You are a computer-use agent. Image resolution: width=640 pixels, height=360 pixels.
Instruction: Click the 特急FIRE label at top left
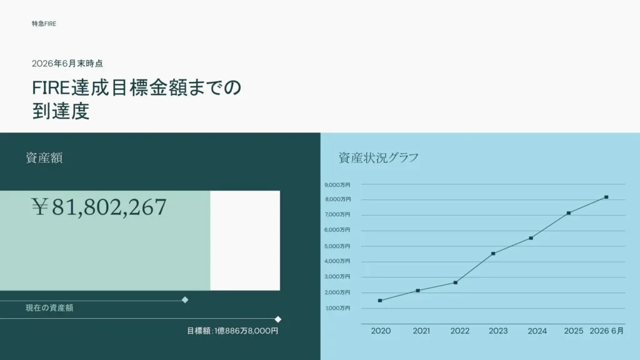[44, 24]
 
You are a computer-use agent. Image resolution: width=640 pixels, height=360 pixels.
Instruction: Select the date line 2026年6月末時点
[67, 64]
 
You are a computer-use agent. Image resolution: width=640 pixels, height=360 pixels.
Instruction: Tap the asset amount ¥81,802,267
[99, 207]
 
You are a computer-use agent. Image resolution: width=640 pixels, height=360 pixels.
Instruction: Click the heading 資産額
[44, 157]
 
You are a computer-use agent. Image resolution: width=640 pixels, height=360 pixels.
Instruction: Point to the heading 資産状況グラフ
[378, 157]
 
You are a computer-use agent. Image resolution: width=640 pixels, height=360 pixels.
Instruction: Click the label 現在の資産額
[49, 307]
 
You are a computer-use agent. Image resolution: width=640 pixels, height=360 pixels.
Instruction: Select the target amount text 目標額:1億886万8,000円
[232, 331]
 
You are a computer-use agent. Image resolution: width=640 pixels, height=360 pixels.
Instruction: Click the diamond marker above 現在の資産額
[185, 300]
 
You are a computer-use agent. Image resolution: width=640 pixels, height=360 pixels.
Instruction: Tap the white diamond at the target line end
[278, 319]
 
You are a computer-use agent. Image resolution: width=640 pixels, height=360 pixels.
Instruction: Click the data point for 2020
[380, 301]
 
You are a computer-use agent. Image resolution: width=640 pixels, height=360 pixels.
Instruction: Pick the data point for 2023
[493, 254]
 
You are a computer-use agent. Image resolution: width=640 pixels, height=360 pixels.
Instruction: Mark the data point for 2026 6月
[606, 197]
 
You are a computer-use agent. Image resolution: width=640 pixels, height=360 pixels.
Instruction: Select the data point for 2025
[569, 213]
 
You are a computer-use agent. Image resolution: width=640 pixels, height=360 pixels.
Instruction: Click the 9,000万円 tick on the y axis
[337, 185]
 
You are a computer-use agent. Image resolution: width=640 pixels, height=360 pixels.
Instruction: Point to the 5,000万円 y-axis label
[337, 246]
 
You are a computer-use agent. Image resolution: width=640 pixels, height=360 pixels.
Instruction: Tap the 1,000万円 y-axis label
[338, 308]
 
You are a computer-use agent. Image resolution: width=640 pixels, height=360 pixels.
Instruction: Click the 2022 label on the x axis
[460, 331]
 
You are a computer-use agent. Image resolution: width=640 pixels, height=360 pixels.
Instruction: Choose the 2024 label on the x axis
[537, 331]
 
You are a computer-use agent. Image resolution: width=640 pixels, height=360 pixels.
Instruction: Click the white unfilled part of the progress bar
[245, 241]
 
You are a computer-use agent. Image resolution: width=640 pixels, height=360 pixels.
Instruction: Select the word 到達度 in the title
[61, 111]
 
